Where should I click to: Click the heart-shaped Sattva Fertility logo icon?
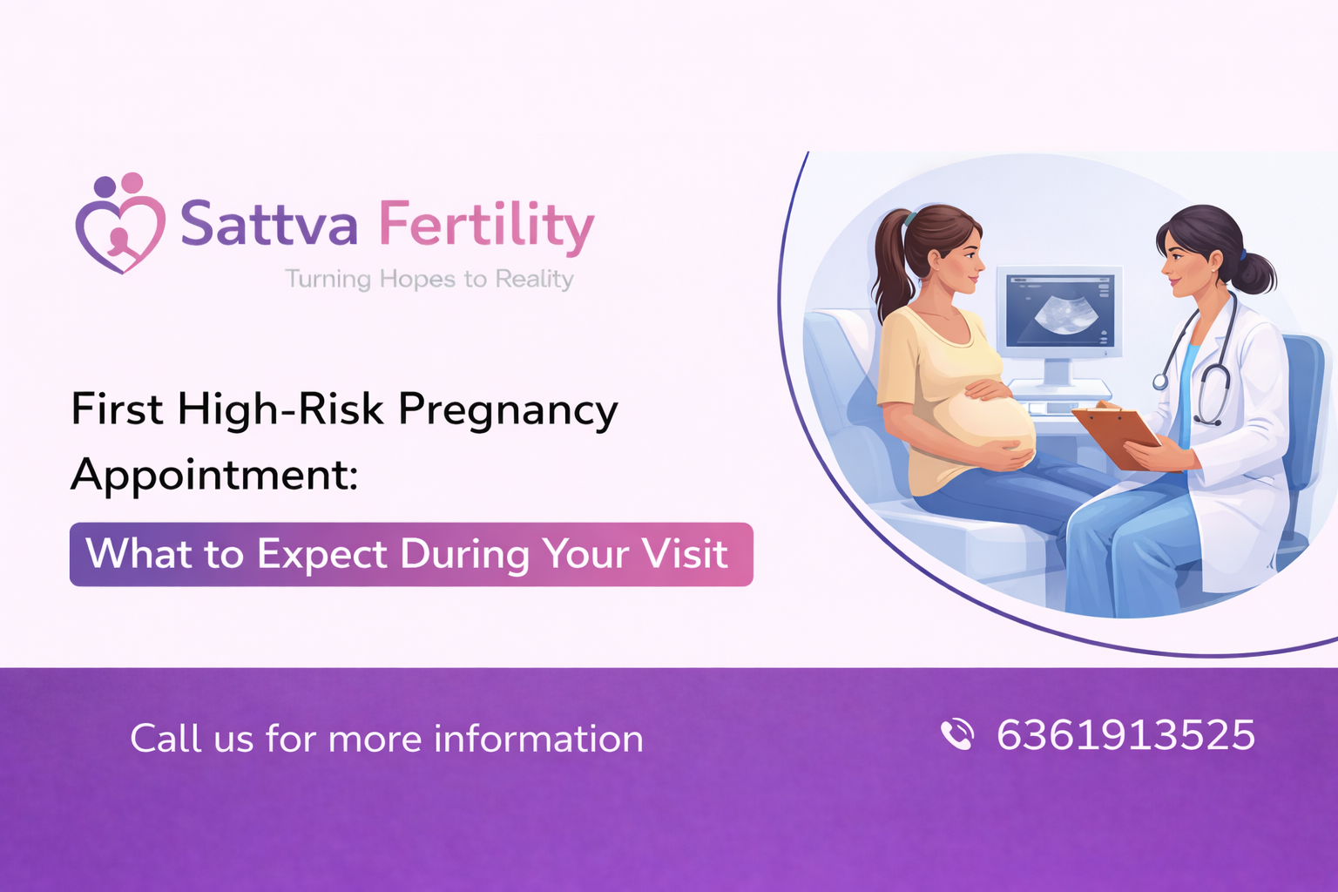(120, 225)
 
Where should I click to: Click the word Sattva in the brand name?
(268, 224)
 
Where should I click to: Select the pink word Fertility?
(486, 225)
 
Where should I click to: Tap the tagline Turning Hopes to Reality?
(429, 279)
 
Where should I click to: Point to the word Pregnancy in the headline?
(508, 409)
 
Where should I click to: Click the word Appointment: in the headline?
(214, 476)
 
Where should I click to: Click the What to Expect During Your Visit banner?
(411, 554)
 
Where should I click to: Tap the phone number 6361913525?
(1125, 735)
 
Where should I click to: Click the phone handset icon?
(957, 734)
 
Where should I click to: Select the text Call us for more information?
(387, 739)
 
